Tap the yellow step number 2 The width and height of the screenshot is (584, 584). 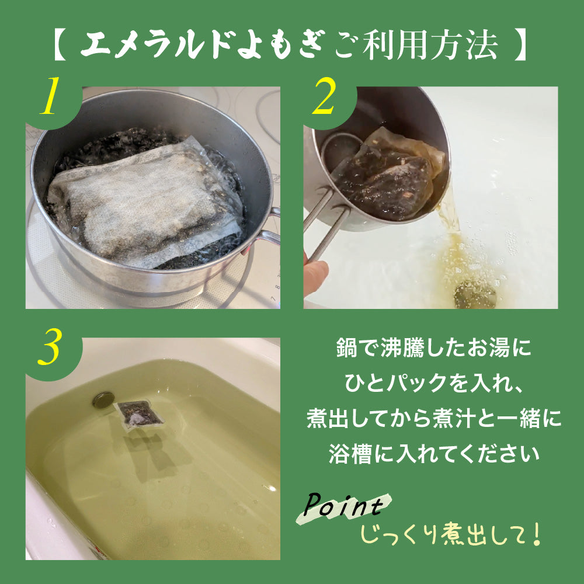[325, 96]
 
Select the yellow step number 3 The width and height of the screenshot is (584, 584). [49, 346]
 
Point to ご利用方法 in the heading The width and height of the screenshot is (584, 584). [416, 46]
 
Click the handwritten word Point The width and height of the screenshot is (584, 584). [343, 506]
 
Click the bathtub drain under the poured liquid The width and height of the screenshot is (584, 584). [475, 294]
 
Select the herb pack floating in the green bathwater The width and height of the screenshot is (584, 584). [138, 414]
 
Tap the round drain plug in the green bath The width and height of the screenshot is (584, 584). [103, 399]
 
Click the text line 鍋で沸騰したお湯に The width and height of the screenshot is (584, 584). [433, 348]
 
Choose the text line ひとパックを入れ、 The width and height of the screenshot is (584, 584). [434, 383]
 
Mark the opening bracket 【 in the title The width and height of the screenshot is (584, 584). [60, 46]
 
